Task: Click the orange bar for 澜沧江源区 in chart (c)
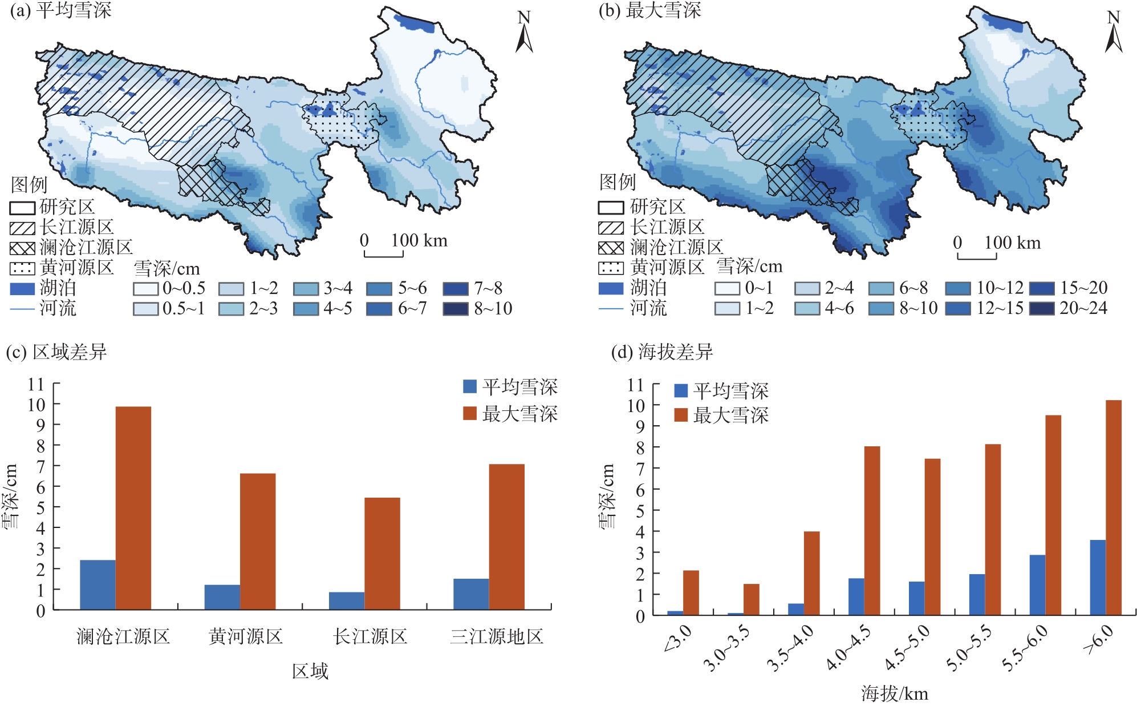[x=133, y=508]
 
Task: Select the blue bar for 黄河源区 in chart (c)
[x=222, y=597]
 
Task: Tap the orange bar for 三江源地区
[x=506, y=536]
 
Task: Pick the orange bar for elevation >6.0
[x=1113, y=507]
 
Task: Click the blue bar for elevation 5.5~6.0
[x=1037, y=584]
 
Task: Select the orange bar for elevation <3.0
[x=691, y=592]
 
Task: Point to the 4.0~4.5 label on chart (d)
[x=849, y=648]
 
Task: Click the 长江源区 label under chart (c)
[x=370, y=636]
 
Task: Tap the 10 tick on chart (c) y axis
[x=36, y=405]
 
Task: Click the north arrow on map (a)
[x=524, y=33]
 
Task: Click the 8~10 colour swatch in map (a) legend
[x=455, y=309]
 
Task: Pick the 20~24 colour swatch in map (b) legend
[x=1041, y=308]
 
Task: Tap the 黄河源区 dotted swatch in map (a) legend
[x=22, y=268]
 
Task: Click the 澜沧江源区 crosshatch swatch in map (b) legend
[x=610, y=248]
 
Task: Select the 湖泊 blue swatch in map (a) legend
[x=22, y=288]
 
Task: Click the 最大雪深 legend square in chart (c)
[x=469, y=413]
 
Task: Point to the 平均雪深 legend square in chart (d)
[x=680, y=390]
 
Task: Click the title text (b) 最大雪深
[x=649, y=10]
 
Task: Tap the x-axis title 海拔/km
[x=894, y=693]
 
